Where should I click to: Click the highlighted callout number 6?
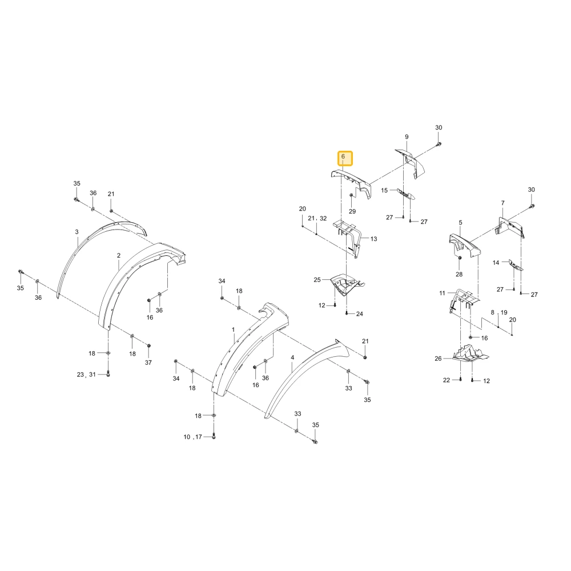[x=343, y=156]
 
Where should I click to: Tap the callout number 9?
[x=407, y=137]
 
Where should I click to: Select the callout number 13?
[x=373, y=239]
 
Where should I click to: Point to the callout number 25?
[x=317, y=280]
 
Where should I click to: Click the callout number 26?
[x=438, y=359]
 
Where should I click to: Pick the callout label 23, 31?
[x=86, y=375]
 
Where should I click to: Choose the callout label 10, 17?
[x=192, y=437]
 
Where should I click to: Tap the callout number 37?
[x=148, y=363]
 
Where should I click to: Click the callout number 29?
[x=352, y=211]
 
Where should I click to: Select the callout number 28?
[x=459, y=274]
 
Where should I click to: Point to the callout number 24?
[x=359, y=314]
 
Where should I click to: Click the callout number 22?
[x=447, y=380]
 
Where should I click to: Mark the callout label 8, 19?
[x=499, y=312]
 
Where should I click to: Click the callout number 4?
[x=292, y=358]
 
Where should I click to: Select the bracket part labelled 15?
[x=407, y=194]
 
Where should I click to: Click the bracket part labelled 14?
[x=516, y=265]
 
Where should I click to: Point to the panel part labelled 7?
[x=510, y=227]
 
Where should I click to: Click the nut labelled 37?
[x=148, y=345]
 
